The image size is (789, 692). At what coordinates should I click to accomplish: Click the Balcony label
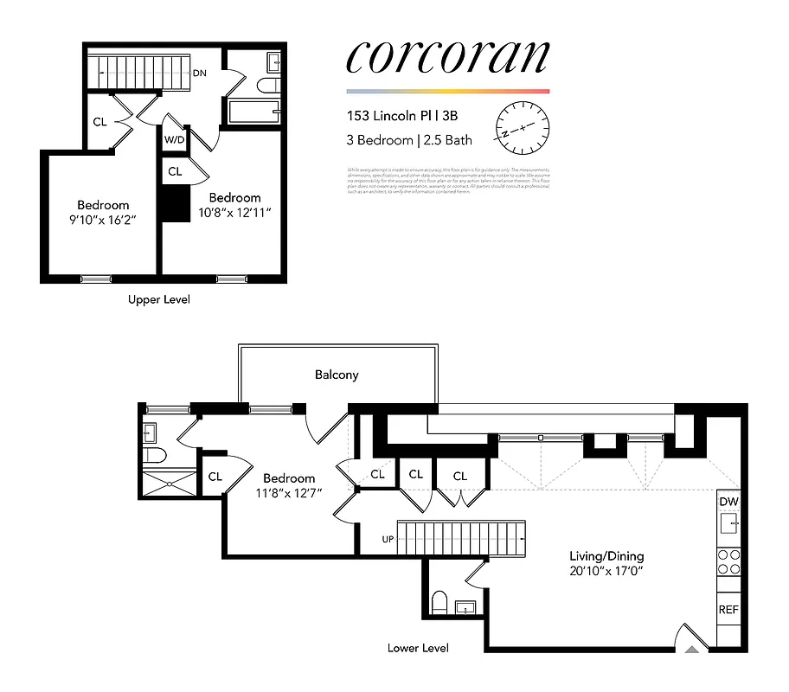(337, 375)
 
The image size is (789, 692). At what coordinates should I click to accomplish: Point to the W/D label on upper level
(174, 138)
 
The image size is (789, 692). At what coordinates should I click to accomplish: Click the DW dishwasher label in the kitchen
(728, 502)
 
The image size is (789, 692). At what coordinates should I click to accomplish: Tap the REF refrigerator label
(728, 610)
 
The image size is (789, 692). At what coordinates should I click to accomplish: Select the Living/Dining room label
(606, 556)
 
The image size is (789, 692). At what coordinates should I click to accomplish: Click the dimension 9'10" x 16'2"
(103, 220)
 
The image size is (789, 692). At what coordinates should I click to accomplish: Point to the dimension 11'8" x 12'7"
(289, 494)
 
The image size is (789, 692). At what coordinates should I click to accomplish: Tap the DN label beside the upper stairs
(200, 74)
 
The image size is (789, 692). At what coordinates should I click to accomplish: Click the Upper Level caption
(158, 299)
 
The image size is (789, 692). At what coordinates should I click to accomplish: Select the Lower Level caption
(418, 648)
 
